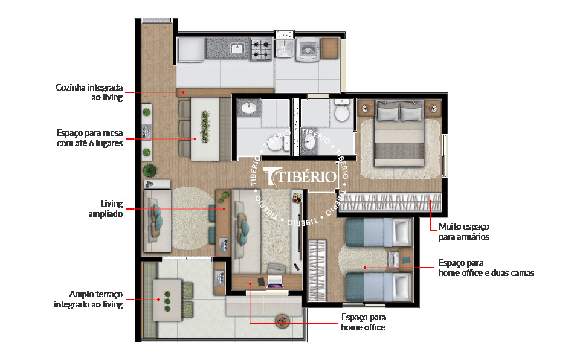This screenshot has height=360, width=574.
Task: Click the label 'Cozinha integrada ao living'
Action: point(89,92)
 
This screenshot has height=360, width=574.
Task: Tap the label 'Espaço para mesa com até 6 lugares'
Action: point(89,138)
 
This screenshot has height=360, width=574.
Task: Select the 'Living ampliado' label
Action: point(105,208)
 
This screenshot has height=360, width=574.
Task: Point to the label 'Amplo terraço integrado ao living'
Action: point(88,299)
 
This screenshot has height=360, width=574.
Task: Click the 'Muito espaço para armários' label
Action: point(464,231)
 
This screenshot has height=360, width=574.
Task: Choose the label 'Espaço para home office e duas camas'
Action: point(486,268)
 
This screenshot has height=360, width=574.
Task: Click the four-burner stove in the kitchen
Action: point(261,50)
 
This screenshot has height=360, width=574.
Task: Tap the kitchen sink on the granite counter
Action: point(237,48)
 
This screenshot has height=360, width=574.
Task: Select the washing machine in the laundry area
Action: point(308,50)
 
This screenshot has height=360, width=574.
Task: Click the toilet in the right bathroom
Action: point(342,110)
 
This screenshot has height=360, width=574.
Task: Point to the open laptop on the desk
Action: point(276,281)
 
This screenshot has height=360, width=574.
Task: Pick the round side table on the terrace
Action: point(282,321)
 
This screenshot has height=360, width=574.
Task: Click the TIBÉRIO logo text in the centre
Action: point(300,176)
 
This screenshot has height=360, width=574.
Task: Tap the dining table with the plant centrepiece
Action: point(205,129)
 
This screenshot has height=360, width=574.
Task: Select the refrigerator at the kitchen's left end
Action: point(191,50)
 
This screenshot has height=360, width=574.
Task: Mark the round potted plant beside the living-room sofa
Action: point(149,170)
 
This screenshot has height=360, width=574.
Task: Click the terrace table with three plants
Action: point(167,300)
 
